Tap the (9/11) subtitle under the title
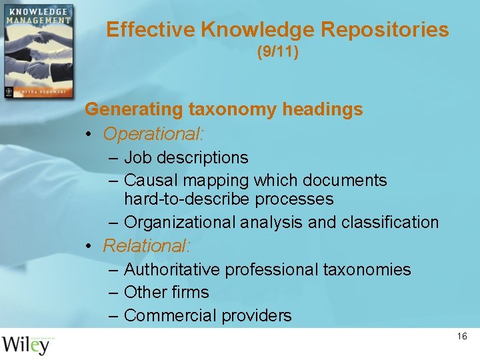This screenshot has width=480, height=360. (277, 51)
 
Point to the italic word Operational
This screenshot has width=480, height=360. (153, 133)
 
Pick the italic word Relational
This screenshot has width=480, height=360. (146, 245)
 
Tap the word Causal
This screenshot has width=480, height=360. (151, 180)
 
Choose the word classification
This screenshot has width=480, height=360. (390, 222)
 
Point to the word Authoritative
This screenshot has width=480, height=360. (172, 269)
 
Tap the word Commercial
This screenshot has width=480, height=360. (164, 315)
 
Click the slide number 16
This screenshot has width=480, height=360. (462, 337)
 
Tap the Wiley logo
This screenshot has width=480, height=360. (26, 345)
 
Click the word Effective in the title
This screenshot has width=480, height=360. (150, 30)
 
